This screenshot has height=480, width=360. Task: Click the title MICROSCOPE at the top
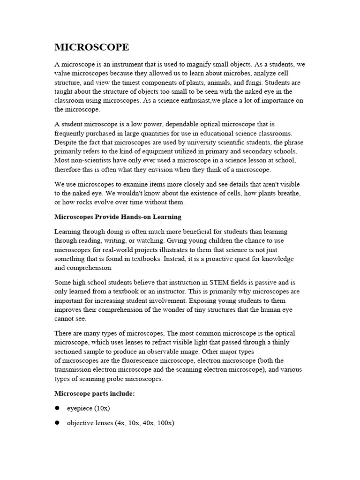coord(92,47)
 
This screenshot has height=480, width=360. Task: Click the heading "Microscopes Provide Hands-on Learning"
coord(118,217)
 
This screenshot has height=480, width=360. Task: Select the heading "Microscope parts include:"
coord(95,393)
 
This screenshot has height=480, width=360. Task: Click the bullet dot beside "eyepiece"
coord(57,408)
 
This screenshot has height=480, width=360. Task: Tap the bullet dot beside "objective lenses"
coord(57,423)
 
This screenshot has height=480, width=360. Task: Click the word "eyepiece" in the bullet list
coord(80,408)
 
